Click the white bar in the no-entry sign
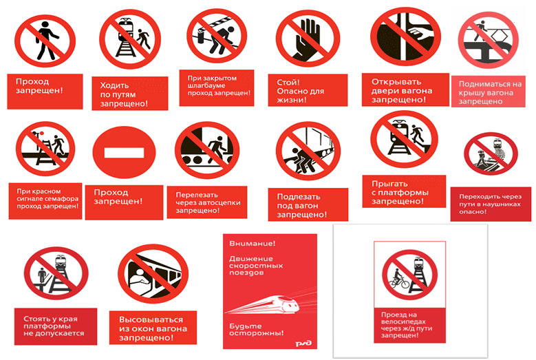tap(124, 153)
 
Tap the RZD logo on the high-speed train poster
tap(303, 343)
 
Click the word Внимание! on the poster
tap(253, 244)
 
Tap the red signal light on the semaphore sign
tap(41, 133)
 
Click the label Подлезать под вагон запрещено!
tap(302, 206)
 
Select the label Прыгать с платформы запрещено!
tap(400, 192)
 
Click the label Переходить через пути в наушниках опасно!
tap(490, 204)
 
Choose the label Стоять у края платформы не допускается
tap(54, 326)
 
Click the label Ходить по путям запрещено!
tap(124, 94)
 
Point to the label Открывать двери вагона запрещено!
tap(402, 91)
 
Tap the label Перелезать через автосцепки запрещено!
tap(208, 202)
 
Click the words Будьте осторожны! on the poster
tap(257, 329)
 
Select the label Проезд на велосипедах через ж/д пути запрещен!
tap(407, 325)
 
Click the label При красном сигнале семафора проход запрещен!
tap(47, 199)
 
